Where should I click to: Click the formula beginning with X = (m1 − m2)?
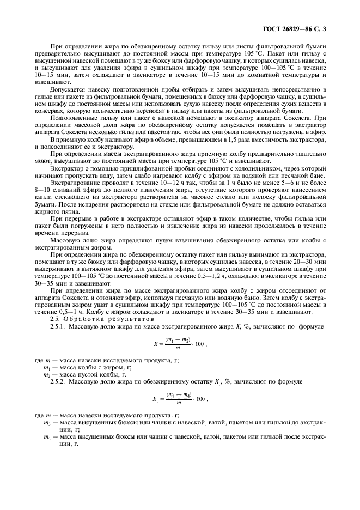179,344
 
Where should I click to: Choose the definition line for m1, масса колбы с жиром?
88,368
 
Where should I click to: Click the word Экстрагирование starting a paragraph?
75,183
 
